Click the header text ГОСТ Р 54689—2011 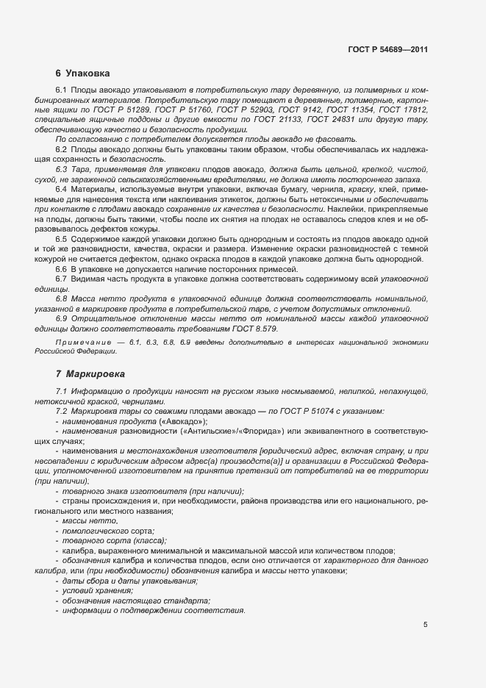coord(388,50)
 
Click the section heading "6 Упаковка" coord(82,74)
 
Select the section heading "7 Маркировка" coord(90,374)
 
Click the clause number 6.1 coord(61,89)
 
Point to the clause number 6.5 coord(61,239)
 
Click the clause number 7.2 coord(61,412)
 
